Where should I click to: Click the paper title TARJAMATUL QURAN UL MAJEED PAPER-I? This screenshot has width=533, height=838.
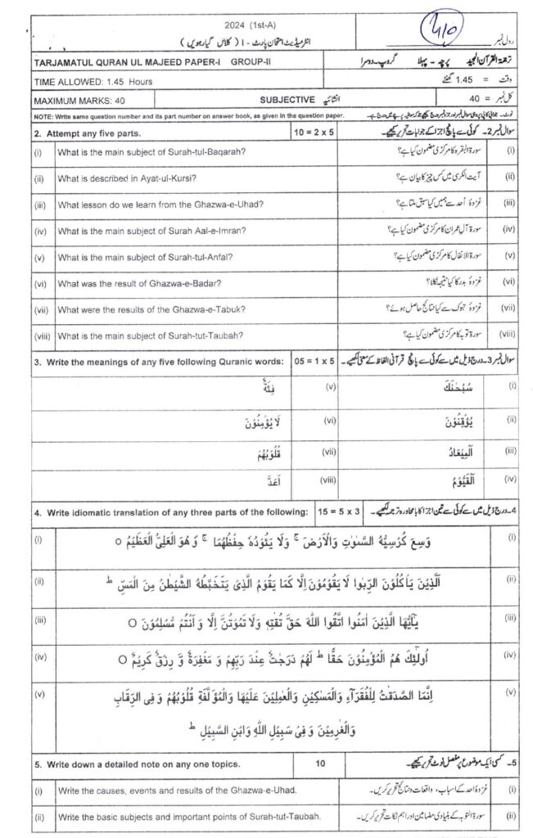coord(115,61)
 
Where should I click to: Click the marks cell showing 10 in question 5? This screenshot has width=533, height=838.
coord(321,764)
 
